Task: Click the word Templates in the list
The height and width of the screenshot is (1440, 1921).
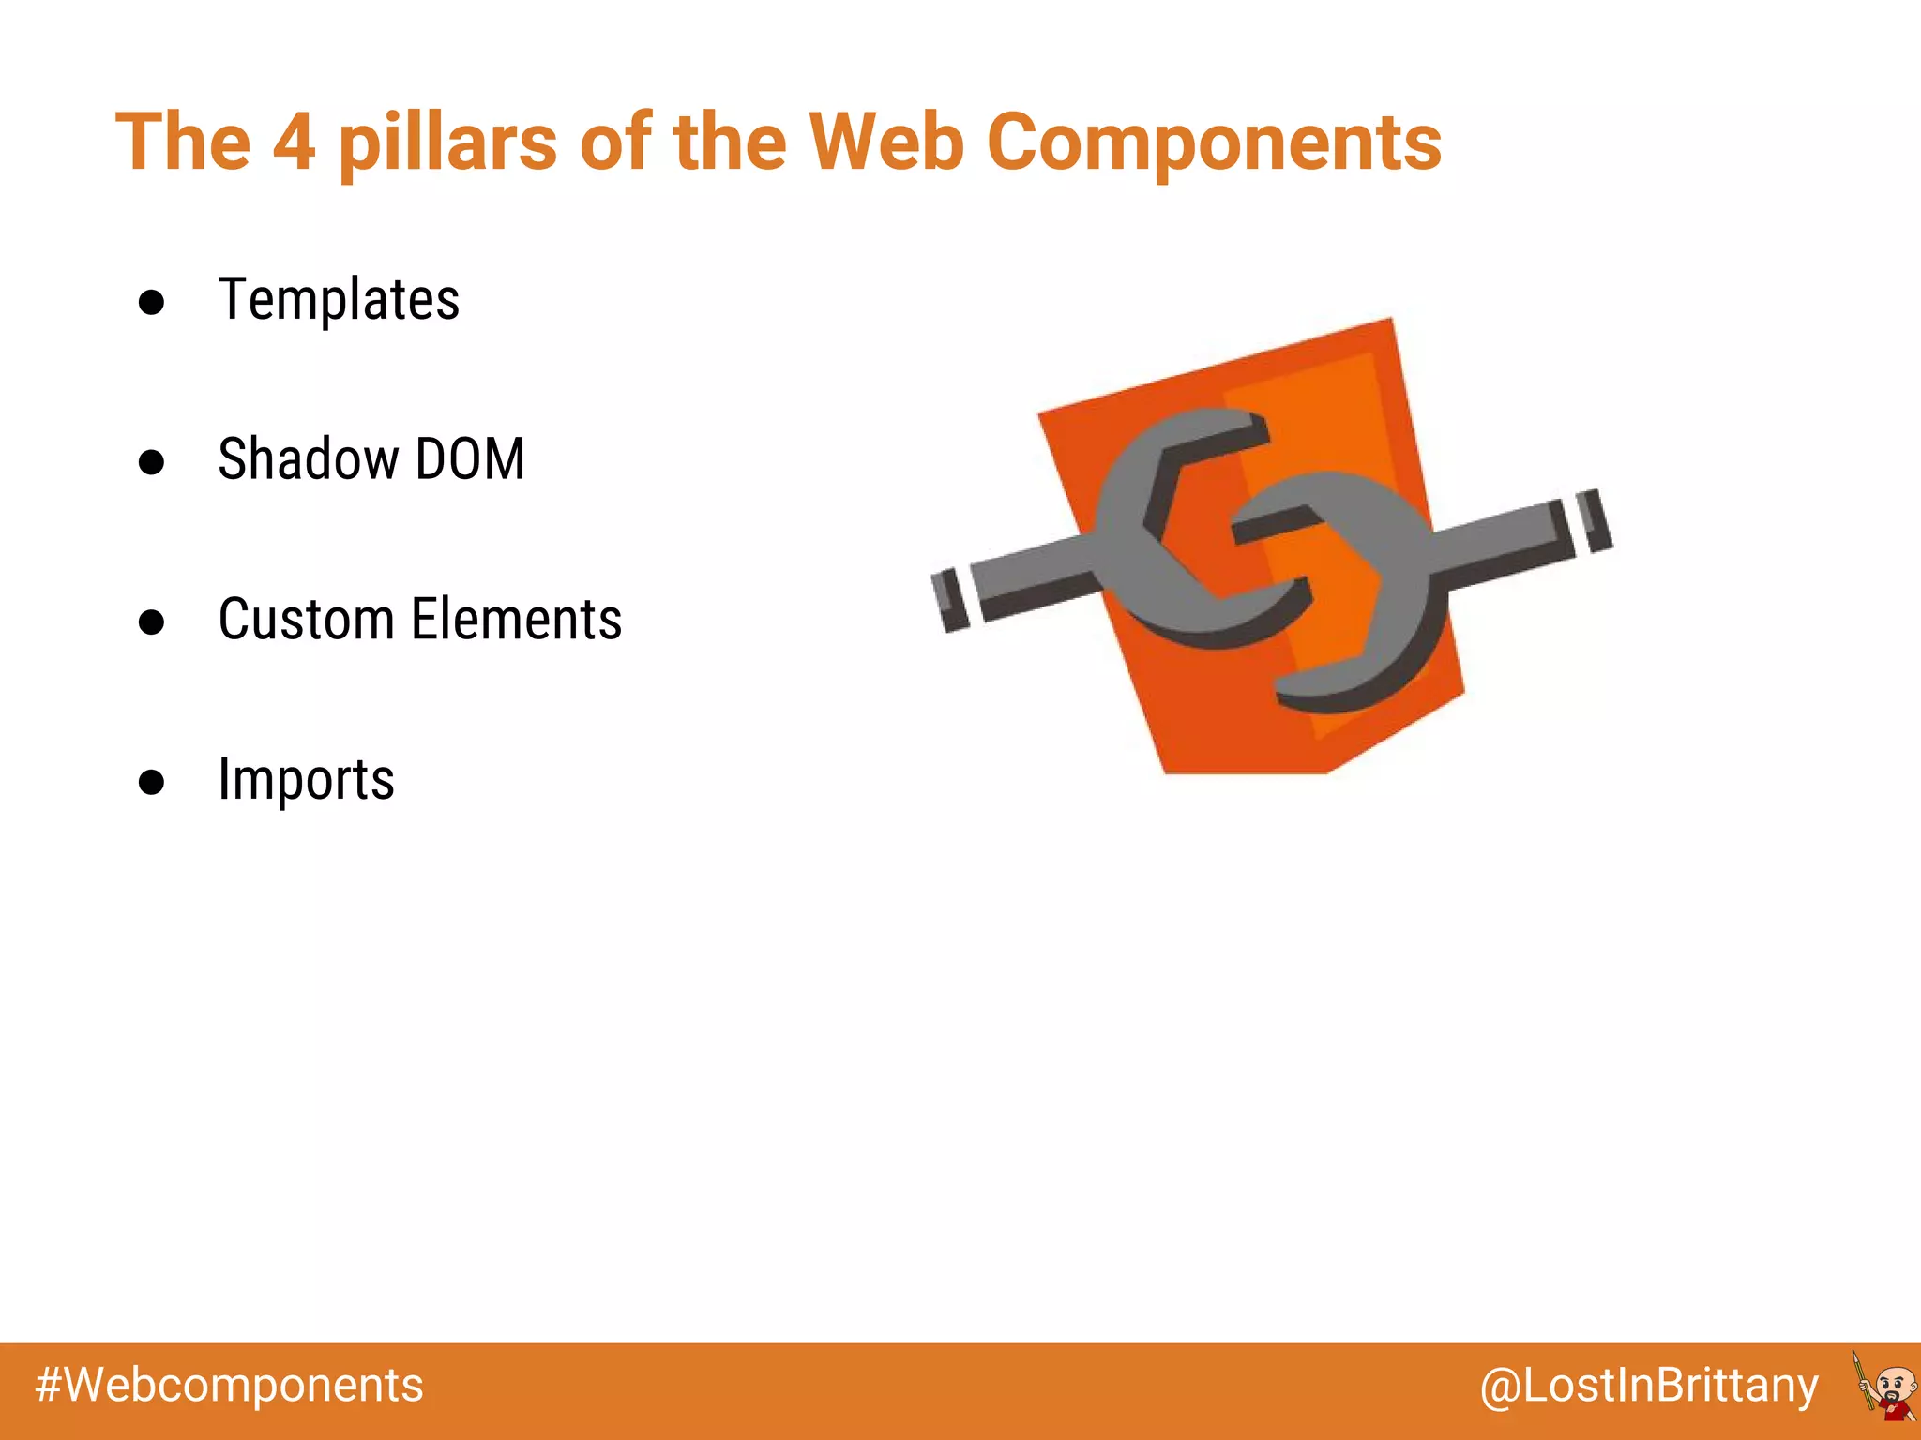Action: pos(339,300)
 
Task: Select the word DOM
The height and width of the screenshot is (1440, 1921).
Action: pos(470,459)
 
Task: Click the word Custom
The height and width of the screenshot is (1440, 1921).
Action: pos(306,620)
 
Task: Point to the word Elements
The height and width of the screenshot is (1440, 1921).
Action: pos(517,620)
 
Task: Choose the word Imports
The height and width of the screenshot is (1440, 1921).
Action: pos(306,780)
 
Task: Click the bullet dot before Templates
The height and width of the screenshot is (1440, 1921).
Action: pos(151,302)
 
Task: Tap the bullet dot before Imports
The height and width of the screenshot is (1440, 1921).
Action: pos(151,782)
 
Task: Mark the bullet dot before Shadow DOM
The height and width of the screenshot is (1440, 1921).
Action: pos(151,461)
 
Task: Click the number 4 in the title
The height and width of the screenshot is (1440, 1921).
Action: pos(294,142)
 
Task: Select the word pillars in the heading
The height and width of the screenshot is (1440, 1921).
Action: pos(447,142)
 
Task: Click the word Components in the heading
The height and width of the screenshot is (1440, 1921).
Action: pos(1214,142)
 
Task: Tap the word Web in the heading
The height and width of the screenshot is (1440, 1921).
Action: pos(886,142)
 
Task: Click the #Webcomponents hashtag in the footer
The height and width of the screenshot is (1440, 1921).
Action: pos(229,1386)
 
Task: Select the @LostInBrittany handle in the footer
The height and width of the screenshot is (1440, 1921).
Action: pos(1649,1386)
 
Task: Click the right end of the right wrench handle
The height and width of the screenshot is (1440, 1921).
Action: pos(1594,520)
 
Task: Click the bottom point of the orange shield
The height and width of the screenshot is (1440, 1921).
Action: pos(1248,771)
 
